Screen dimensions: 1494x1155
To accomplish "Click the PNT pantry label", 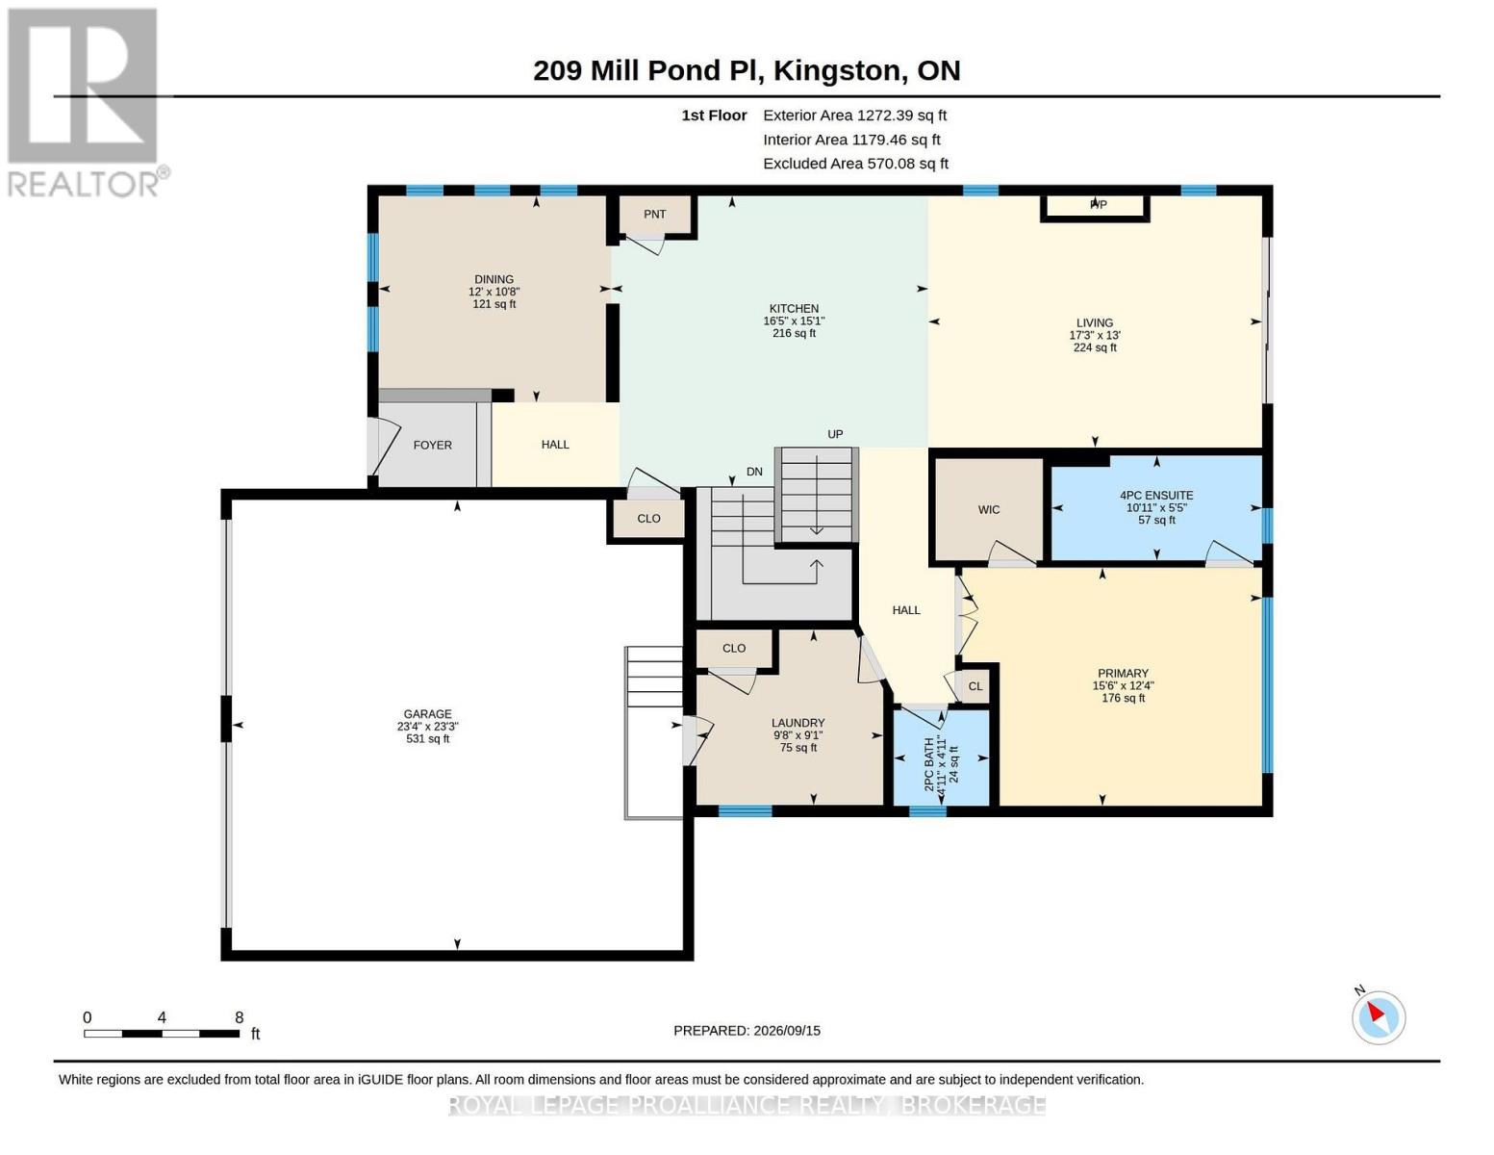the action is click(654, 214).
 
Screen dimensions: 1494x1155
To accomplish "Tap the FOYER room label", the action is click(433, 445).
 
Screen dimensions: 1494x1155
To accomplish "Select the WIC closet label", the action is click(988, 510).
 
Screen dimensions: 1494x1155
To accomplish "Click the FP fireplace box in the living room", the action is click(1095, 208).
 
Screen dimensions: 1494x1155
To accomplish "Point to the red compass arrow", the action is click(1376, 1012).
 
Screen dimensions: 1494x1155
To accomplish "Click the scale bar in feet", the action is click(162, 1034).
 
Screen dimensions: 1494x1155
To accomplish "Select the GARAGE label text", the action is click(427, 714).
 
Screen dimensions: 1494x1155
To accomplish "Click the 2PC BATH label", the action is click(929, 764).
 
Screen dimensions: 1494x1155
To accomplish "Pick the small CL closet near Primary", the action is click(975, 686).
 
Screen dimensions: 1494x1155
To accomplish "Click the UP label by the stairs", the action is click(835, 434).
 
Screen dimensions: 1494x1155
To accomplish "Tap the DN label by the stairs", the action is click(754, 472).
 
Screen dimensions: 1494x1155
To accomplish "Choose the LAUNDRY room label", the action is click(798, 723).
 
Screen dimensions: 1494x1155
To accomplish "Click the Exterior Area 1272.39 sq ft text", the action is click(854, 115).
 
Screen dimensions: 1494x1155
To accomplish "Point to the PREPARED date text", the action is click(747, 1031).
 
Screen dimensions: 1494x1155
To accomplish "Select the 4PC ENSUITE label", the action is click(1156, 496).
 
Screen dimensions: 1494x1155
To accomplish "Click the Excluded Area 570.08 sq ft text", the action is click(855, 164).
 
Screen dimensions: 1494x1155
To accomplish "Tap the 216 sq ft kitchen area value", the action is click(794, 334).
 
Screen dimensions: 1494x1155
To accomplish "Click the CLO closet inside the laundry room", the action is click(734, 649).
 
